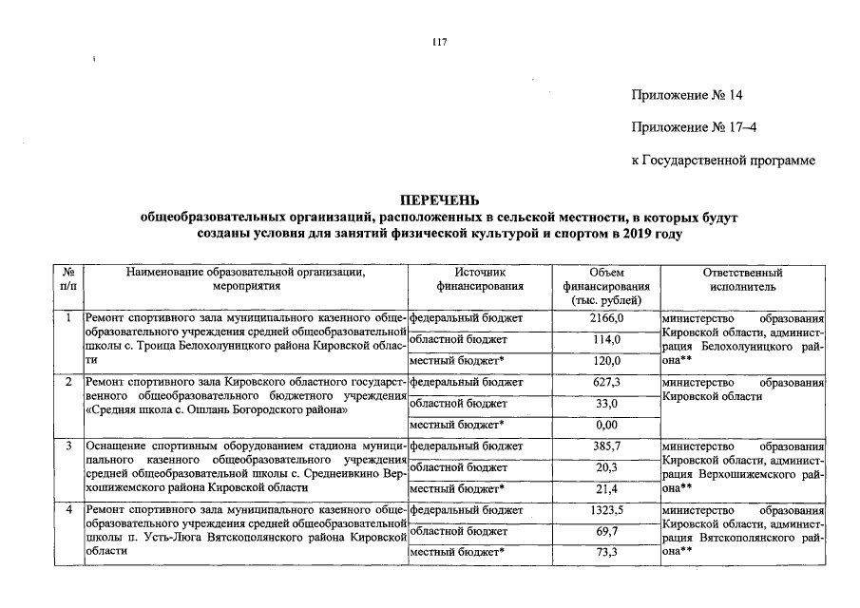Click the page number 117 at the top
pos(439,42)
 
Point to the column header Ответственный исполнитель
pos(742,278)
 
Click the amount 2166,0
pos(606,317)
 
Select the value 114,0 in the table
pos(606,339)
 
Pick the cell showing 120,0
pos(606,361)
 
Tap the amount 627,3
pos(606,382)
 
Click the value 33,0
pos(606,403)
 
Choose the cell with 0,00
pos(606,425)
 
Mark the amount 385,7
pos(606,446)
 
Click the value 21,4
pos(606,488)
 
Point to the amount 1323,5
pos(606,510)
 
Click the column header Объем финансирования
pos(606,285)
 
